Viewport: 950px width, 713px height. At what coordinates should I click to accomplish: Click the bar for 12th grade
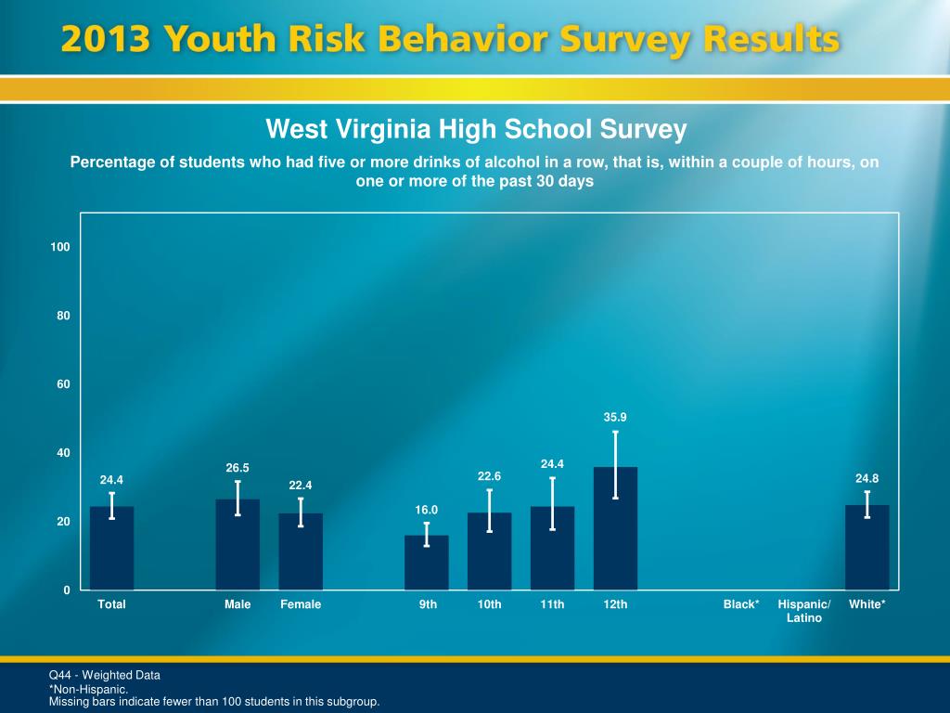pos(615,529)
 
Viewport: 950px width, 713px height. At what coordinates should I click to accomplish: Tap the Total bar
pos(111,549)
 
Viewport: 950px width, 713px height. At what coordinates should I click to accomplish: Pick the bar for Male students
pos(237,545)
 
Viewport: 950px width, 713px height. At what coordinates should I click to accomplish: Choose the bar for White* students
pos(867,548)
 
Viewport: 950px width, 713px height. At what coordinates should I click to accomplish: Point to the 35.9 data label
pos(615,418)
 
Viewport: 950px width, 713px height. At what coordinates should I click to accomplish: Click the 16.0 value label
pos(426,510)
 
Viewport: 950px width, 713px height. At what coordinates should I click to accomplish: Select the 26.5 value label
pos(237,468)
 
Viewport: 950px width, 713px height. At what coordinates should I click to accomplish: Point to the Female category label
pos(301,604)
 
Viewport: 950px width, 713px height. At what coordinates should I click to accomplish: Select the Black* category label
pos(741,604)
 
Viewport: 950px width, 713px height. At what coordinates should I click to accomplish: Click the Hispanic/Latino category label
pos(804,611)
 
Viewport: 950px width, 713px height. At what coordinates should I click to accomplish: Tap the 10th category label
pos(490,604)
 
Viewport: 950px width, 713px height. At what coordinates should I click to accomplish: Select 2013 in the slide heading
pos(105,40)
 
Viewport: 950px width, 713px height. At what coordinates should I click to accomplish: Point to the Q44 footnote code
pos(61,675)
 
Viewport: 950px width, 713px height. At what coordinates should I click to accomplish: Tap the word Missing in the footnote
pos(70,702)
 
